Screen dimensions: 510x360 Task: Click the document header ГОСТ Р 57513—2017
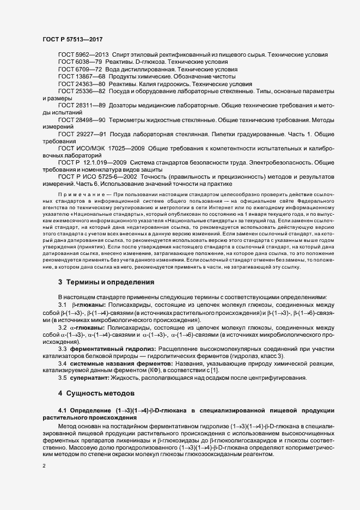[71, 39]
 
